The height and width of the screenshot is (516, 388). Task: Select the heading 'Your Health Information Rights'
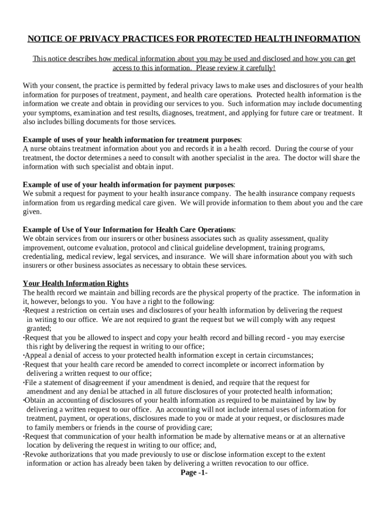pos(76,283)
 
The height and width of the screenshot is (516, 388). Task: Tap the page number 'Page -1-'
pos(194,473)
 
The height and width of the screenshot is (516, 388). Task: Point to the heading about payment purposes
pos(129,184)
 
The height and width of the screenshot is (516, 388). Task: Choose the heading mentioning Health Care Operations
pos(129,230)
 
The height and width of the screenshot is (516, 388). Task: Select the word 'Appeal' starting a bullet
pos(35,355)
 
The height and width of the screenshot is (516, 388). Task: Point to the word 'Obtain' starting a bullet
pos(35,400)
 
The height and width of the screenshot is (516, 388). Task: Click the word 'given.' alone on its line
pos(32,212)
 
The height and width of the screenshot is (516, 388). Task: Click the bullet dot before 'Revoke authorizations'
pos(24,455)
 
